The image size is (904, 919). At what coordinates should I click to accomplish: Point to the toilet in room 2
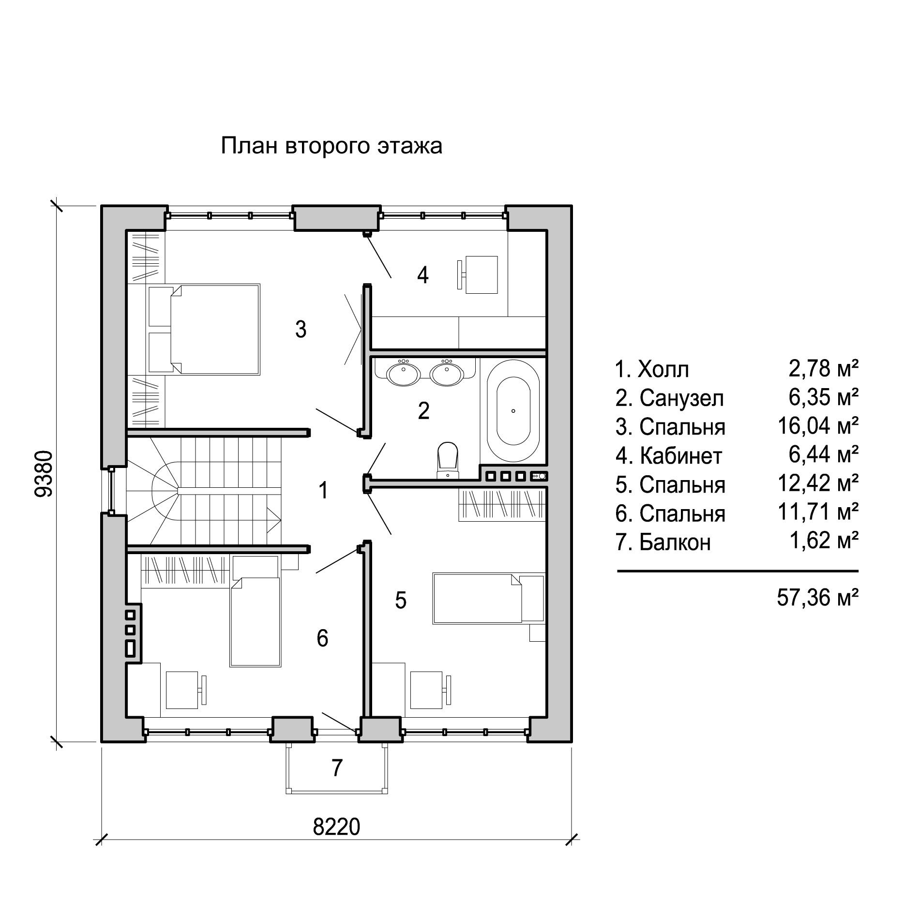pyautogui.click(x=447, y=459)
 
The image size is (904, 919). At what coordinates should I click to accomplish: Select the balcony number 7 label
pyautogui.click(x=337, y=768)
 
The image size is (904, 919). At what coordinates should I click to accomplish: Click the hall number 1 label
pyautogui.click(x=323, y=490)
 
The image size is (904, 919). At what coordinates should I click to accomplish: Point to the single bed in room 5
pyautogui.click(x=489, y=598)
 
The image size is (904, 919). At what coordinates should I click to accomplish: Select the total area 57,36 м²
pyautogui.click(x=817, y=598)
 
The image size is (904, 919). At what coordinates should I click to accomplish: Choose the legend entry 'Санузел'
pyautogui.click(x=681, y=398)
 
